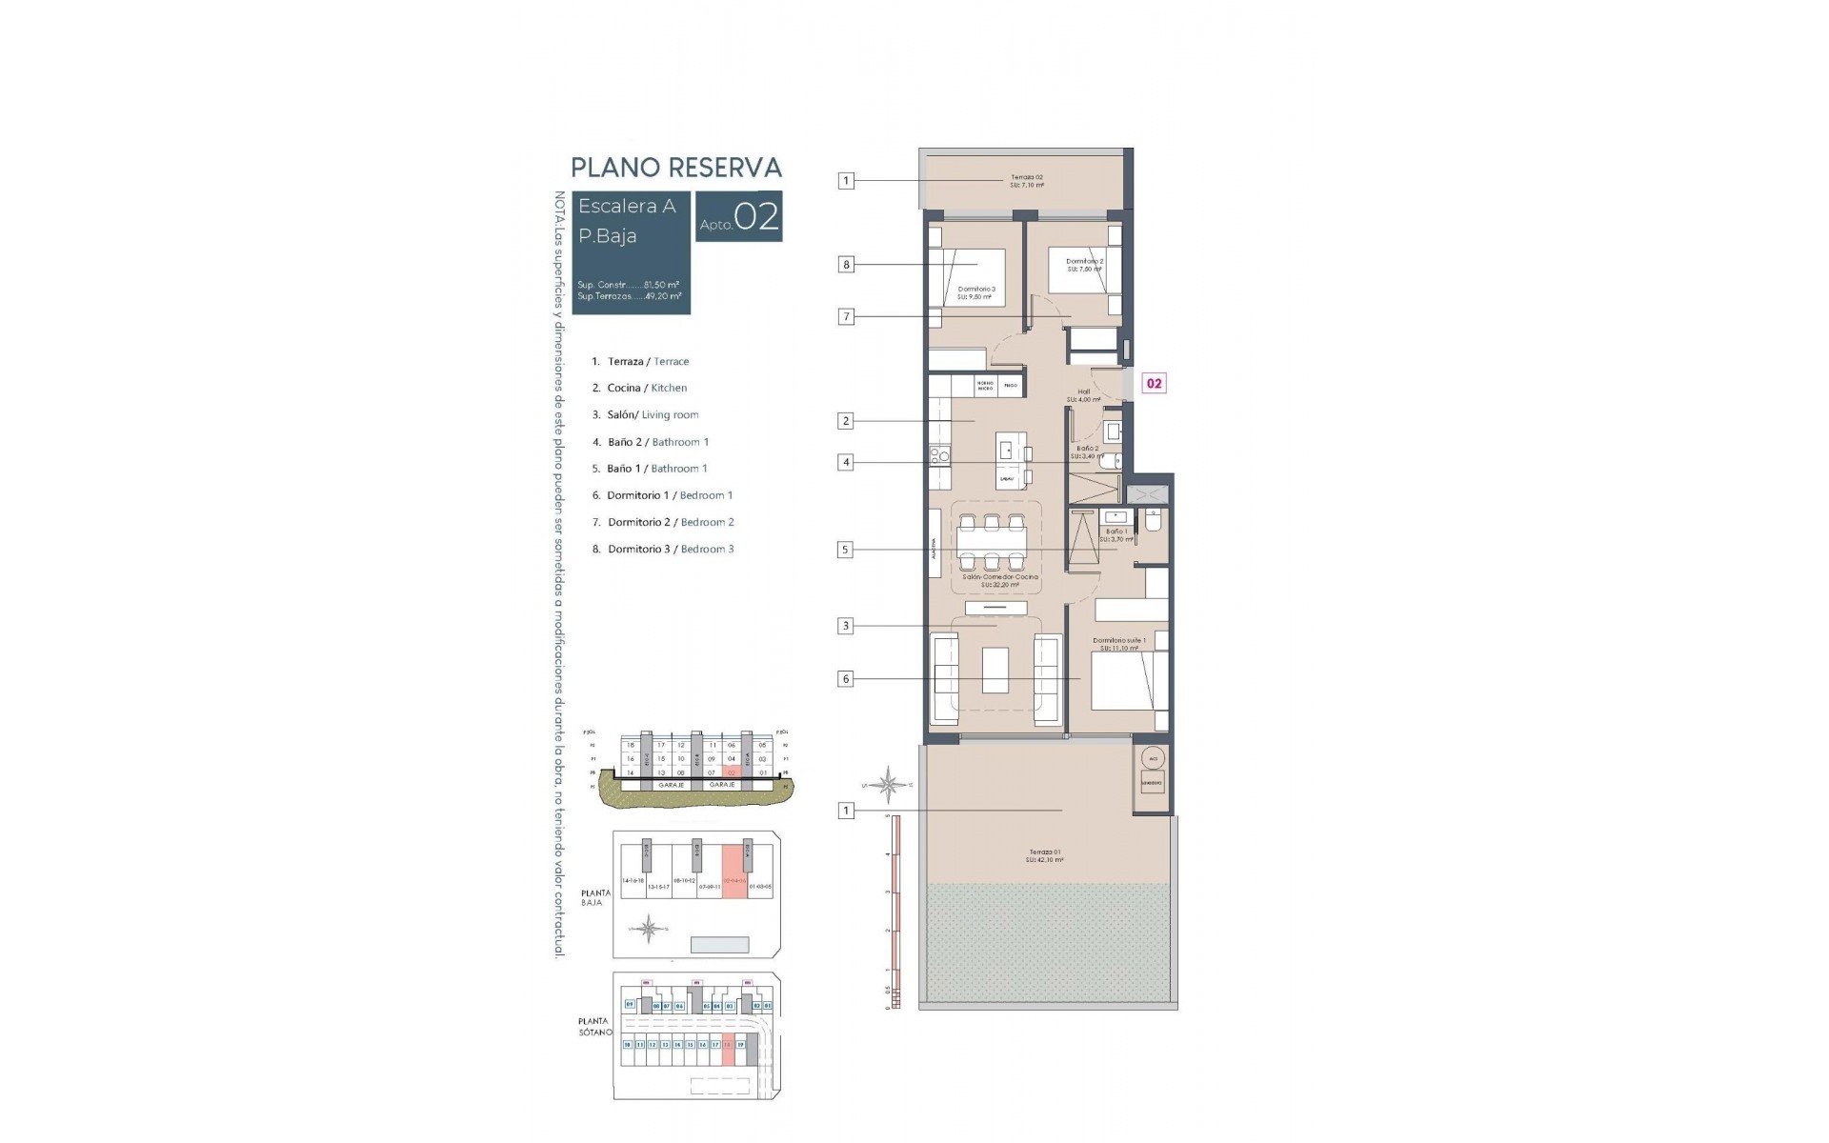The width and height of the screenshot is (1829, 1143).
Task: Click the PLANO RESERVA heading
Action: pos(675,168)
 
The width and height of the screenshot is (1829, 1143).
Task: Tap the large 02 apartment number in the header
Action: pos(757,216)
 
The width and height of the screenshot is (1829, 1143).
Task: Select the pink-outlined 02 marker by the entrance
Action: pos(1154,383)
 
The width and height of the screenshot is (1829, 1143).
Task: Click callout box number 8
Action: pos(846,264)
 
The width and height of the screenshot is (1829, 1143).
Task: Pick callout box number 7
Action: pos(846,317)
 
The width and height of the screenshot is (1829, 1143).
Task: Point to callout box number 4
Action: pos(846,463)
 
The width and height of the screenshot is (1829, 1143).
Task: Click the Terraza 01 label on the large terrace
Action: pos(1044,855)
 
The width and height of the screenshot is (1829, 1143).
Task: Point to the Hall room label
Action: pos(1084,394)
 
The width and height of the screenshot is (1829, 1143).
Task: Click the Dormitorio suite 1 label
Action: pos(1118,644)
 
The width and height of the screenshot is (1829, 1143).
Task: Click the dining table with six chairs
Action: pos(992,541)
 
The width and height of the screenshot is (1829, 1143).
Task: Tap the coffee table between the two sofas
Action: pos(995,670)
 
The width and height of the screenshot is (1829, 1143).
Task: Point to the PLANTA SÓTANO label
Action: pos(593,1026)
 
